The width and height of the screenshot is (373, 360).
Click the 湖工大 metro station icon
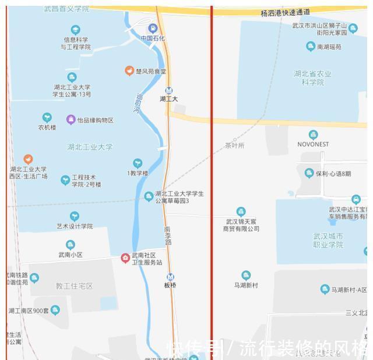pyautogui.click(x=169, y=90)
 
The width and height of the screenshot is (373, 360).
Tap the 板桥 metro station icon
pyautogui.click(x=170, y=277)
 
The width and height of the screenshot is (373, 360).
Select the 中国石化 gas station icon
pyautogui.click(x=153, y=28)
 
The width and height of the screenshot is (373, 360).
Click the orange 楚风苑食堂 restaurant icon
pyautogui.click(x=129, y=71)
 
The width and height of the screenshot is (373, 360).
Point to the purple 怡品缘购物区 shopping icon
pyautogui.click(x=71, y=120)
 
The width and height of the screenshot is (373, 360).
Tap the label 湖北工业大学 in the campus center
pyautogui.click(x=90, y=147)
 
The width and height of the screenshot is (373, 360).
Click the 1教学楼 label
pyautogui.click(x=138, y=173)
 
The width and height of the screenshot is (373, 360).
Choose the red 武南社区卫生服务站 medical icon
pyautogui.click(x=125, y=258)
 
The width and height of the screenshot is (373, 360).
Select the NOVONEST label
pyautogui.click(x=313, y=144)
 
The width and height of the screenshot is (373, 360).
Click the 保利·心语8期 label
pyautogui.click(x=333, y=174)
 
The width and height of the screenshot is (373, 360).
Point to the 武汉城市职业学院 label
pyautogui.click(x=328, y=241)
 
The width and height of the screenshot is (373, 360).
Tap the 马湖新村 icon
pyautogui.click(x=246, y=276)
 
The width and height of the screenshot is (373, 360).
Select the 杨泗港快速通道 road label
pyautogui.click(x=286, y=12)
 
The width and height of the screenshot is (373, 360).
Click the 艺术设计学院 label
pyautogui.click(x=75, y=226)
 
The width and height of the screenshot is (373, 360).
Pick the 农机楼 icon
pyautogui.click(x=47, y=118)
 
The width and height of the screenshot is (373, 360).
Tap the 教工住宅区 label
pyautogui.click(x=75, y=286)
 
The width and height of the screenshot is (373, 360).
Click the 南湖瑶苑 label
pyautogui.click(x=329, y=47)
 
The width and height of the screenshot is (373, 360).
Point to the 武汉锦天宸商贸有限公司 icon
pyautogui.click(x=241, y=212)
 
